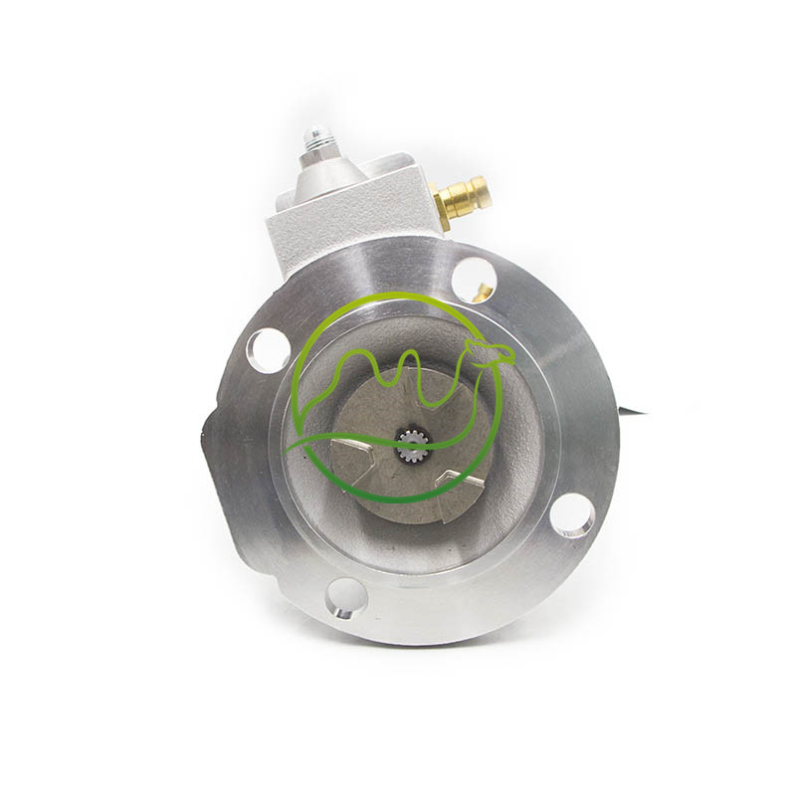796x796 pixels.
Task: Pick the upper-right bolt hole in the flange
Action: (x=475, y=279)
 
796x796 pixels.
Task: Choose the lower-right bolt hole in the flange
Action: (x=572, y=514)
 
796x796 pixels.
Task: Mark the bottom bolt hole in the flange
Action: (x=345, y=597)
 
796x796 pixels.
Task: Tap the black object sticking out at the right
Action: (x=631, y=409)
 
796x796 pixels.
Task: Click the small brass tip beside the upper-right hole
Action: (x=484, y=292)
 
